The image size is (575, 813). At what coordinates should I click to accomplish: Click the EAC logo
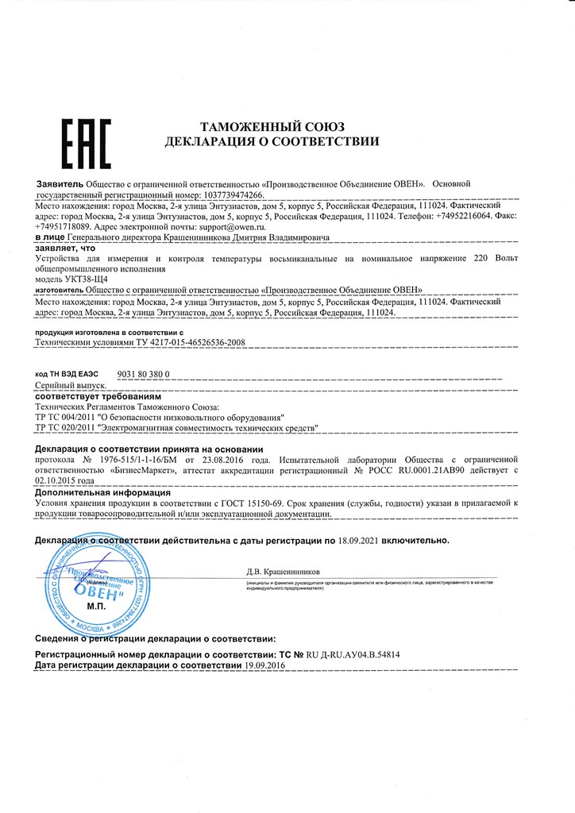pyautogui.click(x=87, y=144)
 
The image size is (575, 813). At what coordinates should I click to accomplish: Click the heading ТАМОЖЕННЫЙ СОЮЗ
pyautogui.click(x=272, y=127)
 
